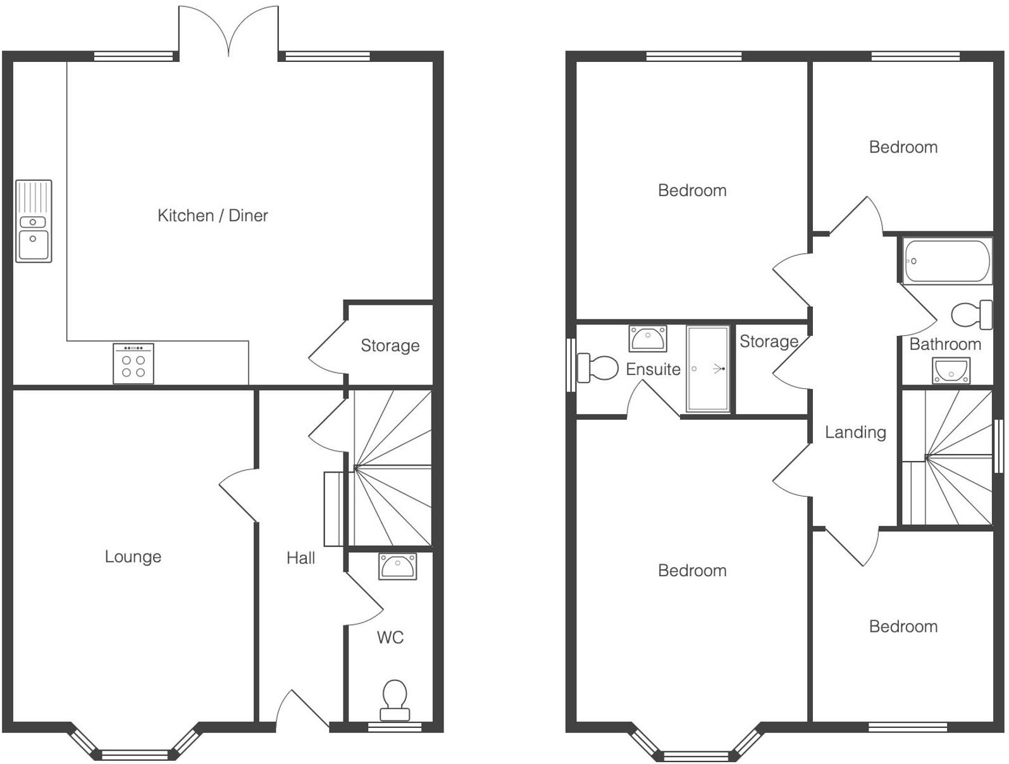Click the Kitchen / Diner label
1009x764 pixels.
213,216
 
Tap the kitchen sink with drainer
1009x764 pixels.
34,221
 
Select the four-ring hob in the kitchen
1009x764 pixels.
133,364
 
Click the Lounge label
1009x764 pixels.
133,557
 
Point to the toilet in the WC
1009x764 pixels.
395,699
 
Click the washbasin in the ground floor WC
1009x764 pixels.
398,566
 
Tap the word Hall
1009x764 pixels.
300,558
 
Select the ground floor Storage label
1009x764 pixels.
390,345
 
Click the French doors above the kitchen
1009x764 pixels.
228,32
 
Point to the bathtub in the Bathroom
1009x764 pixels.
946,261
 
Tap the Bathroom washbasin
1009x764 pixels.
951,371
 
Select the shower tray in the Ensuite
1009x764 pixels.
709,369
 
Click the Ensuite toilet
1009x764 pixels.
597,368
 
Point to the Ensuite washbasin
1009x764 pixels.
648,339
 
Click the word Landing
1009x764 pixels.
855,432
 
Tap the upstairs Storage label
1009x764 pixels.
769,342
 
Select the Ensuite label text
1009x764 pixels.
653,369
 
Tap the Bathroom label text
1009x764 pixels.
945,344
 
